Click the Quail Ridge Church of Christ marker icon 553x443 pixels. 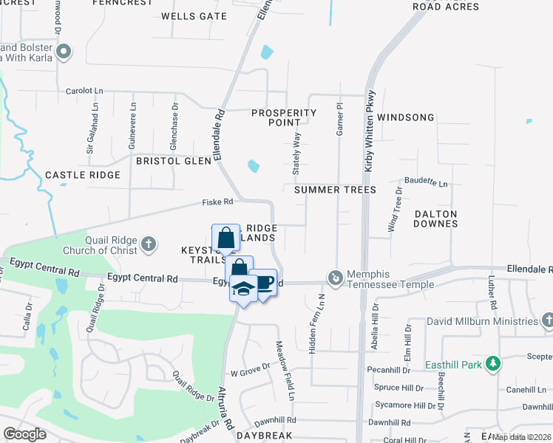click(x=149, y=244)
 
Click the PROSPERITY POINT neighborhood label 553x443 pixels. click(x=284, y=117)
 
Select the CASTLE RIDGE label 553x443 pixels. click(x=83, y=175)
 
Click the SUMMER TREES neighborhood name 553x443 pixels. click(x=335, y=190)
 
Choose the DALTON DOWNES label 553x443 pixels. click(x=435, y=219)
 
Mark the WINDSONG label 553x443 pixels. click(x=405, y=117)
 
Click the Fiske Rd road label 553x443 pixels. click(x=218, y=202)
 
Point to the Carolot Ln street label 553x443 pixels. click(x=84, y=91)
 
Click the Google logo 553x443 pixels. click(x=24, y=434)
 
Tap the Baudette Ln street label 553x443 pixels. click(x=425, y=182)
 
